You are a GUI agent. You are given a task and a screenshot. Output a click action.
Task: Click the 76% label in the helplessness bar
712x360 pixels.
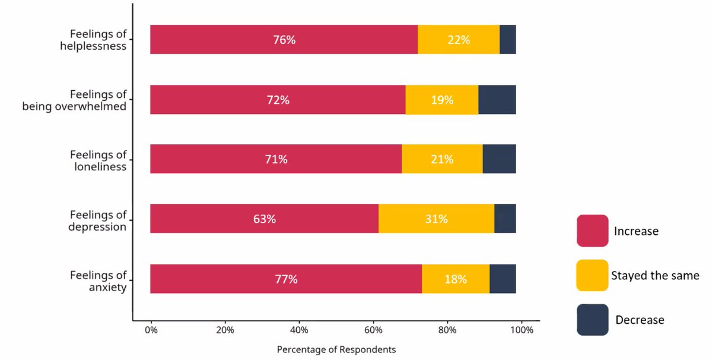coord(284,40)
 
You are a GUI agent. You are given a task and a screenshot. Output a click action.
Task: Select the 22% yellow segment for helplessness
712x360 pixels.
coord(459,40)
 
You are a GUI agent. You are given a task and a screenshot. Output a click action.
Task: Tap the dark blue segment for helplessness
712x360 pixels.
coord(507,40)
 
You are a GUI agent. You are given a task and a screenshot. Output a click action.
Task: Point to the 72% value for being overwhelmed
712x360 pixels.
coord(278,100)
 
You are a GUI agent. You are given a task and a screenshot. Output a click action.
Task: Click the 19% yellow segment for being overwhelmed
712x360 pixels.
coord(442,100)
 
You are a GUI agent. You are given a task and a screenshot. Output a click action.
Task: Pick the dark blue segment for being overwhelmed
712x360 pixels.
coord(497,100)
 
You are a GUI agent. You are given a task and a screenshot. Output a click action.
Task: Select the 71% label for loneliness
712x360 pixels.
coord(276,160)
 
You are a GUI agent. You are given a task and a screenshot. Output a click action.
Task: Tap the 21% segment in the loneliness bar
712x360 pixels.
coord(442,160)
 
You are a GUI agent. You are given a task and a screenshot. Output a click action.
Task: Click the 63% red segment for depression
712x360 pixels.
coord(265,219)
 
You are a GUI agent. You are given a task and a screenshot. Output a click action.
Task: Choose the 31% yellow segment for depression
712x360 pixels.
coord(436,219)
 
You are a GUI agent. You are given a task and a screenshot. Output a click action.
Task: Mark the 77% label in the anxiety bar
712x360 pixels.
coord(286,279)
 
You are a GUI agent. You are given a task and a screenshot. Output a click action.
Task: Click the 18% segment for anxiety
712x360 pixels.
coord(456,279)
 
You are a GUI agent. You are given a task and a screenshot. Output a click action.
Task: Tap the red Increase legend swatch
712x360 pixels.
coord(592,231)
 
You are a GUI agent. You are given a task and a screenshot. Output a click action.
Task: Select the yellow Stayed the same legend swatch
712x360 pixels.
coord(592,275)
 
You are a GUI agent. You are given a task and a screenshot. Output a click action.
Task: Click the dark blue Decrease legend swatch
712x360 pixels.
coord(592,320)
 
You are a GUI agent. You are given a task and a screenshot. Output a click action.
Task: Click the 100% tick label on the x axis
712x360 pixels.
coord(521,330)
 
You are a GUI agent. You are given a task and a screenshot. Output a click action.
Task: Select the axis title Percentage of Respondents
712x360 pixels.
coord(336,350)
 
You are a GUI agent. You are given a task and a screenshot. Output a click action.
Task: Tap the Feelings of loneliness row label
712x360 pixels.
coord(98,161)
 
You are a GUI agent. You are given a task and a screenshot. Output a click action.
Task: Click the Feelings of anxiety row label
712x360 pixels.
coord(98,281)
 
